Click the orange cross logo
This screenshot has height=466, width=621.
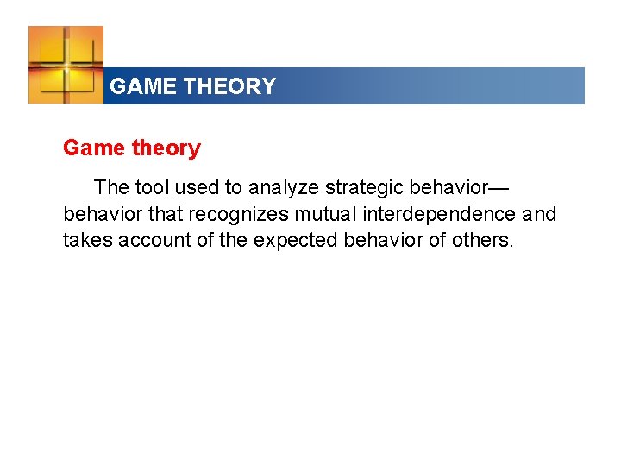click(66, 64)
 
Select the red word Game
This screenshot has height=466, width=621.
click(94, 148)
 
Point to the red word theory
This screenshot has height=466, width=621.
click(166, 148)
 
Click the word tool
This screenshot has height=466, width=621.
click(152, 187)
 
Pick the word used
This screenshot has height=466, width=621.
click(198, 187)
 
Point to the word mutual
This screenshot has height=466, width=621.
click(327, 213)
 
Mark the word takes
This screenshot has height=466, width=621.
click(87, 239)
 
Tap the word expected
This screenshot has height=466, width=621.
click(296, 240)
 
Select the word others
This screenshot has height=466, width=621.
click(482, 239)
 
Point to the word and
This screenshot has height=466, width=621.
click(539, 213)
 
